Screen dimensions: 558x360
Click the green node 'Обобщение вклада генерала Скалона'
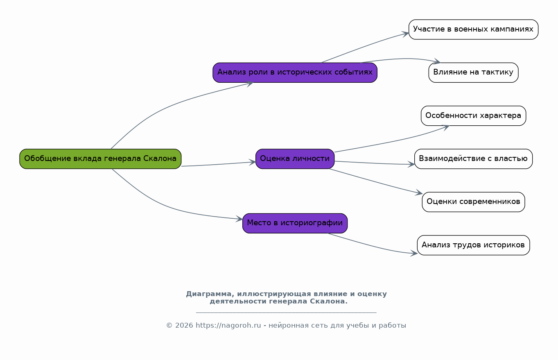(x=100, y=159)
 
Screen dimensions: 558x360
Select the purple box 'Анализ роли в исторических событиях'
(x=295, y=72)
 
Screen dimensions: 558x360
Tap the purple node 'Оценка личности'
(x=295, y=159)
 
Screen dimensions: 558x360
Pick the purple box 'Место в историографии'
(x=295, y=223)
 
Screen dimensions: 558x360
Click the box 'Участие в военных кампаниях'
(x=473, y=29)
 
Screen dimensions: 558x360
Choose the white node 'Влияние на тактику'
(x=473, y=72)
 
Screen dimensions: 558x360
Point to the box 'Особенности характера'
(x=473, y=116)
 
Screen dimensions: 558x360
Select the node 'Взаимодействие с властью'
(x=473, y=159)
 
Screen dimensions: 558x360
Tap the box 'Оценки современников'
(x=473, y=202)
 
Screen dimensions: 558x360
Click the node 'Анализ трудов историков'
(x=473, y=245)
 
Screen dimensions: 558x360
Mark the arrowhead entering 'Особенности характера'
(x=446, y=127)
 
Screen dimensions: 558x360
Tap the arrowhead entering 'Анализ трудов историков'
(x=414, y=254)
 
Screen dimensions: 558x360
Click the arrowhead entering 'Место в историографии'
(x=239, y=219)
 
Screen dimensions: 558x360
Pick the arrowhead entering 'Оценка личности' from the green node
(x=253, y=162)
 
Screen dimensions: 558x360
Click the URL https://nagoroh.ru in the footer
(x=228, y=326)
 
